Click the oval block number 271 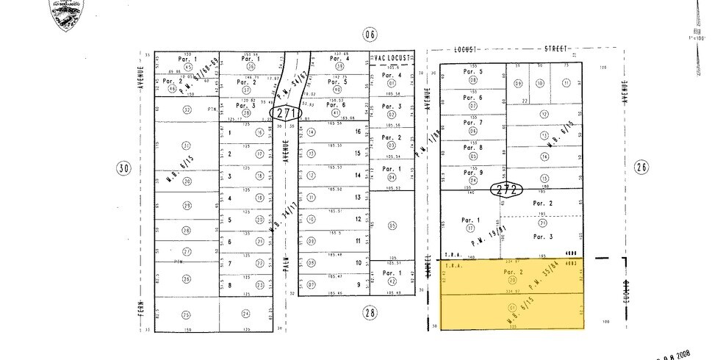tap(286, 112)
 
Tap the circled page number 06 tap(370, 34)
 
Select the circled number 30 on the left tap(124, 168)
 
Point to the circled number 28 tap(370, 312)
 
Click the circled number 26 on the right tap(641, 167)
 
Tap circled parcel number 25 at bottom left tap(186, 314)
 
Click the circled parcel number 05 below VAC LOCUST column tap(392, 226)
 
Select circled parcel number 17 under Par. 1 tap(470, 228)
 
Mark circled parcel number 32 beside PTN tap(187, 110)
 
